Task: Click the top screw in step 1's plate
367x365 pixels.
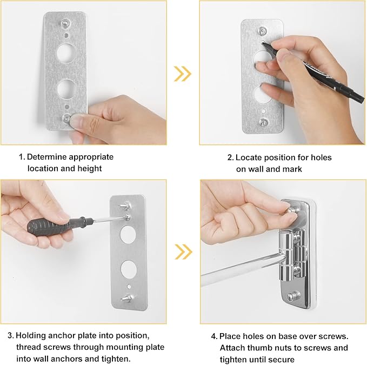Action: click(65, 23)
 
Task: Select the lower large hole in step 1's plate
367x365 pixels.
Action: click(66, 88)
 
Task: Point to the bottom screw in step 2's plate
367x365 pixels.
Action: click(264, 122)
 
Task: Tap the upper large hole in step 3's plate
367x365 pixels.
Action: click(129, 234)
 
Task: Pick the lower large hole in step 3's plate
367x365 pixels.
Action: click(129, 269)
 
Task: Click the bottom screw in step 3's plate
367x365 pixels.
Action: click(127, 298)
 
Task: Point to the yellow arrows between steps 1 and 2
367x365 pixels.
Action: click(183, 74)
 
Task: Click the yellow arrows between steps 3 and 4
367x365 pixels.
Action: click(183, 251)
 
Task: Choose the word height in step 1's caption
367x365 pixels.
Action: click(90, 169)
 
